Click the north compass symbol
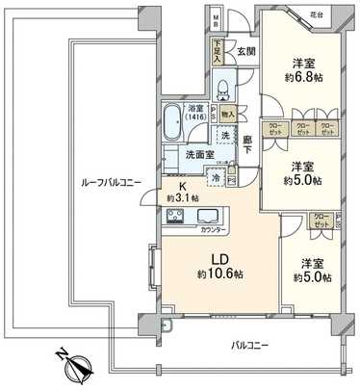coord(74,363)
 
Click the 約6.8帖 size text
coord(301,83)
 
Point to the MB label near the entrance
coord(218,20)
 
